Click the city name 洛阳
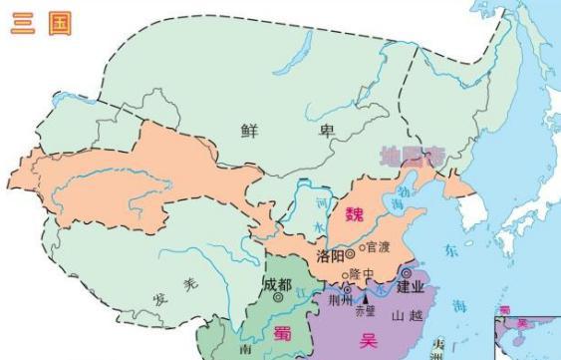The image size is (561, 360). pyautogui.click(x=333, y=256)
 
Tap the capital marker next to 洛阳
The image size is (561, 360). pyautogui.click(x=350, y=254)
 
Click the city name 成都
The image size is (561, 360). pyautogui.click(x=278, y=282)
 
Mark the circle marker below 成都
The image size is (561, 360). pyautogui.click(x=278, y=296)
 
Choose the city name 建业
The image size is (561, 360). pyautogui.click(x=411, y=287)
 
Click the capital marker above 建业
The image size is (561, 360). pyautogui.click(x=408, y=272)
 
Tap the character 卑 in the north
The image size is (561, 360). pyautogui.click(x=293, y=129)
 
